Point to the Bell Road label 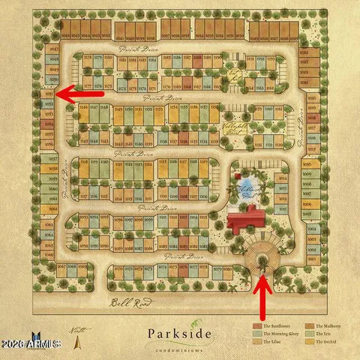pos(126,303)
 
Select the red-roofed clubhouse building pos(246,221)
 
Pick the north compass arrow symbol pos(80,341)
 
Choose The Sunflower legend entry pos(273,326)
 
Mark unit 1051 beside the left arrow pos(50,94)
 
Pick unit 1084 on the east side pos(304,54)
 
